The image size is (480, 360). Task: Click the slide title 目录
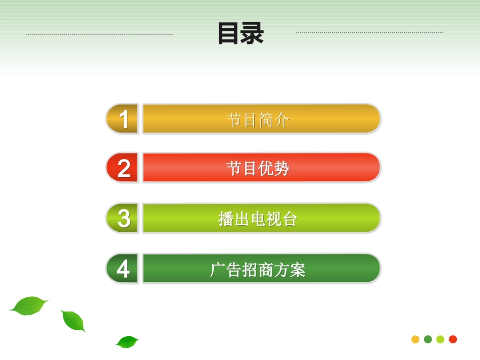pos(241,33)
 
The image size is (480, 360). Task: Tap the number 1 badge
pos(123,119)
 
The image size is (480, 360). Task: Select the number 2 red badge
pos(123,168)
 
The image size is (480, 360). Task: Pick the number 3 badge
pos(123,218)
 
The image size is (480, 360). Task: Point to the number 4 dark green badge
pos(123,269)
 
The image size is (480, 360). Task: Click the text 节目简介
pos(258,120)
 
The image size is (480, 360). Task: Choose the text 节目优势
pos(258,168)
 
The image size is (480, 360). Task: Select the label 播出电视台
pos(258,219)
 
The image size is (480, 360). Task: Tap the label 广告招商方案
pos(258,270)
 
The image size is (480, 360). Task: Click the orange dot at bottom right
pos(415,339)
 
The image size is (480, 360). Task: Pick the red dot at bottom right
pos(453,339)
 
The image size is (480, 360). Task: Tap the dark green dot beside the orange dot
pos(428,339)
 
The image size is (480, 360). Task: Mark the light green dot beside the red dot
pos(440,339)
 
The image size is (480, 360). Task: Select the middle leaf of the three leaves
pos(73,321)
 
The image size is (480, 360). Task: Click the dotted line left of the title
pos(100,34)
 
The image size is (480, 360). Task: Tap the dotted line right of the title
pos(369,32)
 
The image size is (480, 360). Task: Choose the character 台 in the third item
pos(290,219)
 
